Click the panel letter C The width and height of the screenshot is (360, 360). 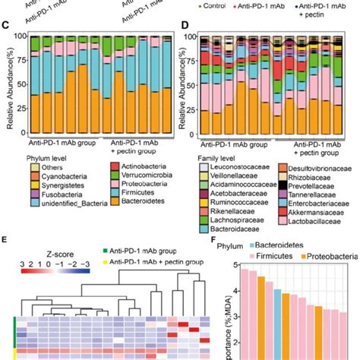click(5, 26)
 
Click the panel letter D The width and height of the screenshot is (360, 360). click(185, 26)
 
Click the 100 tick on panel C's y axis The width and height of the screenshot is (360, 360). click(19, 36)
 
